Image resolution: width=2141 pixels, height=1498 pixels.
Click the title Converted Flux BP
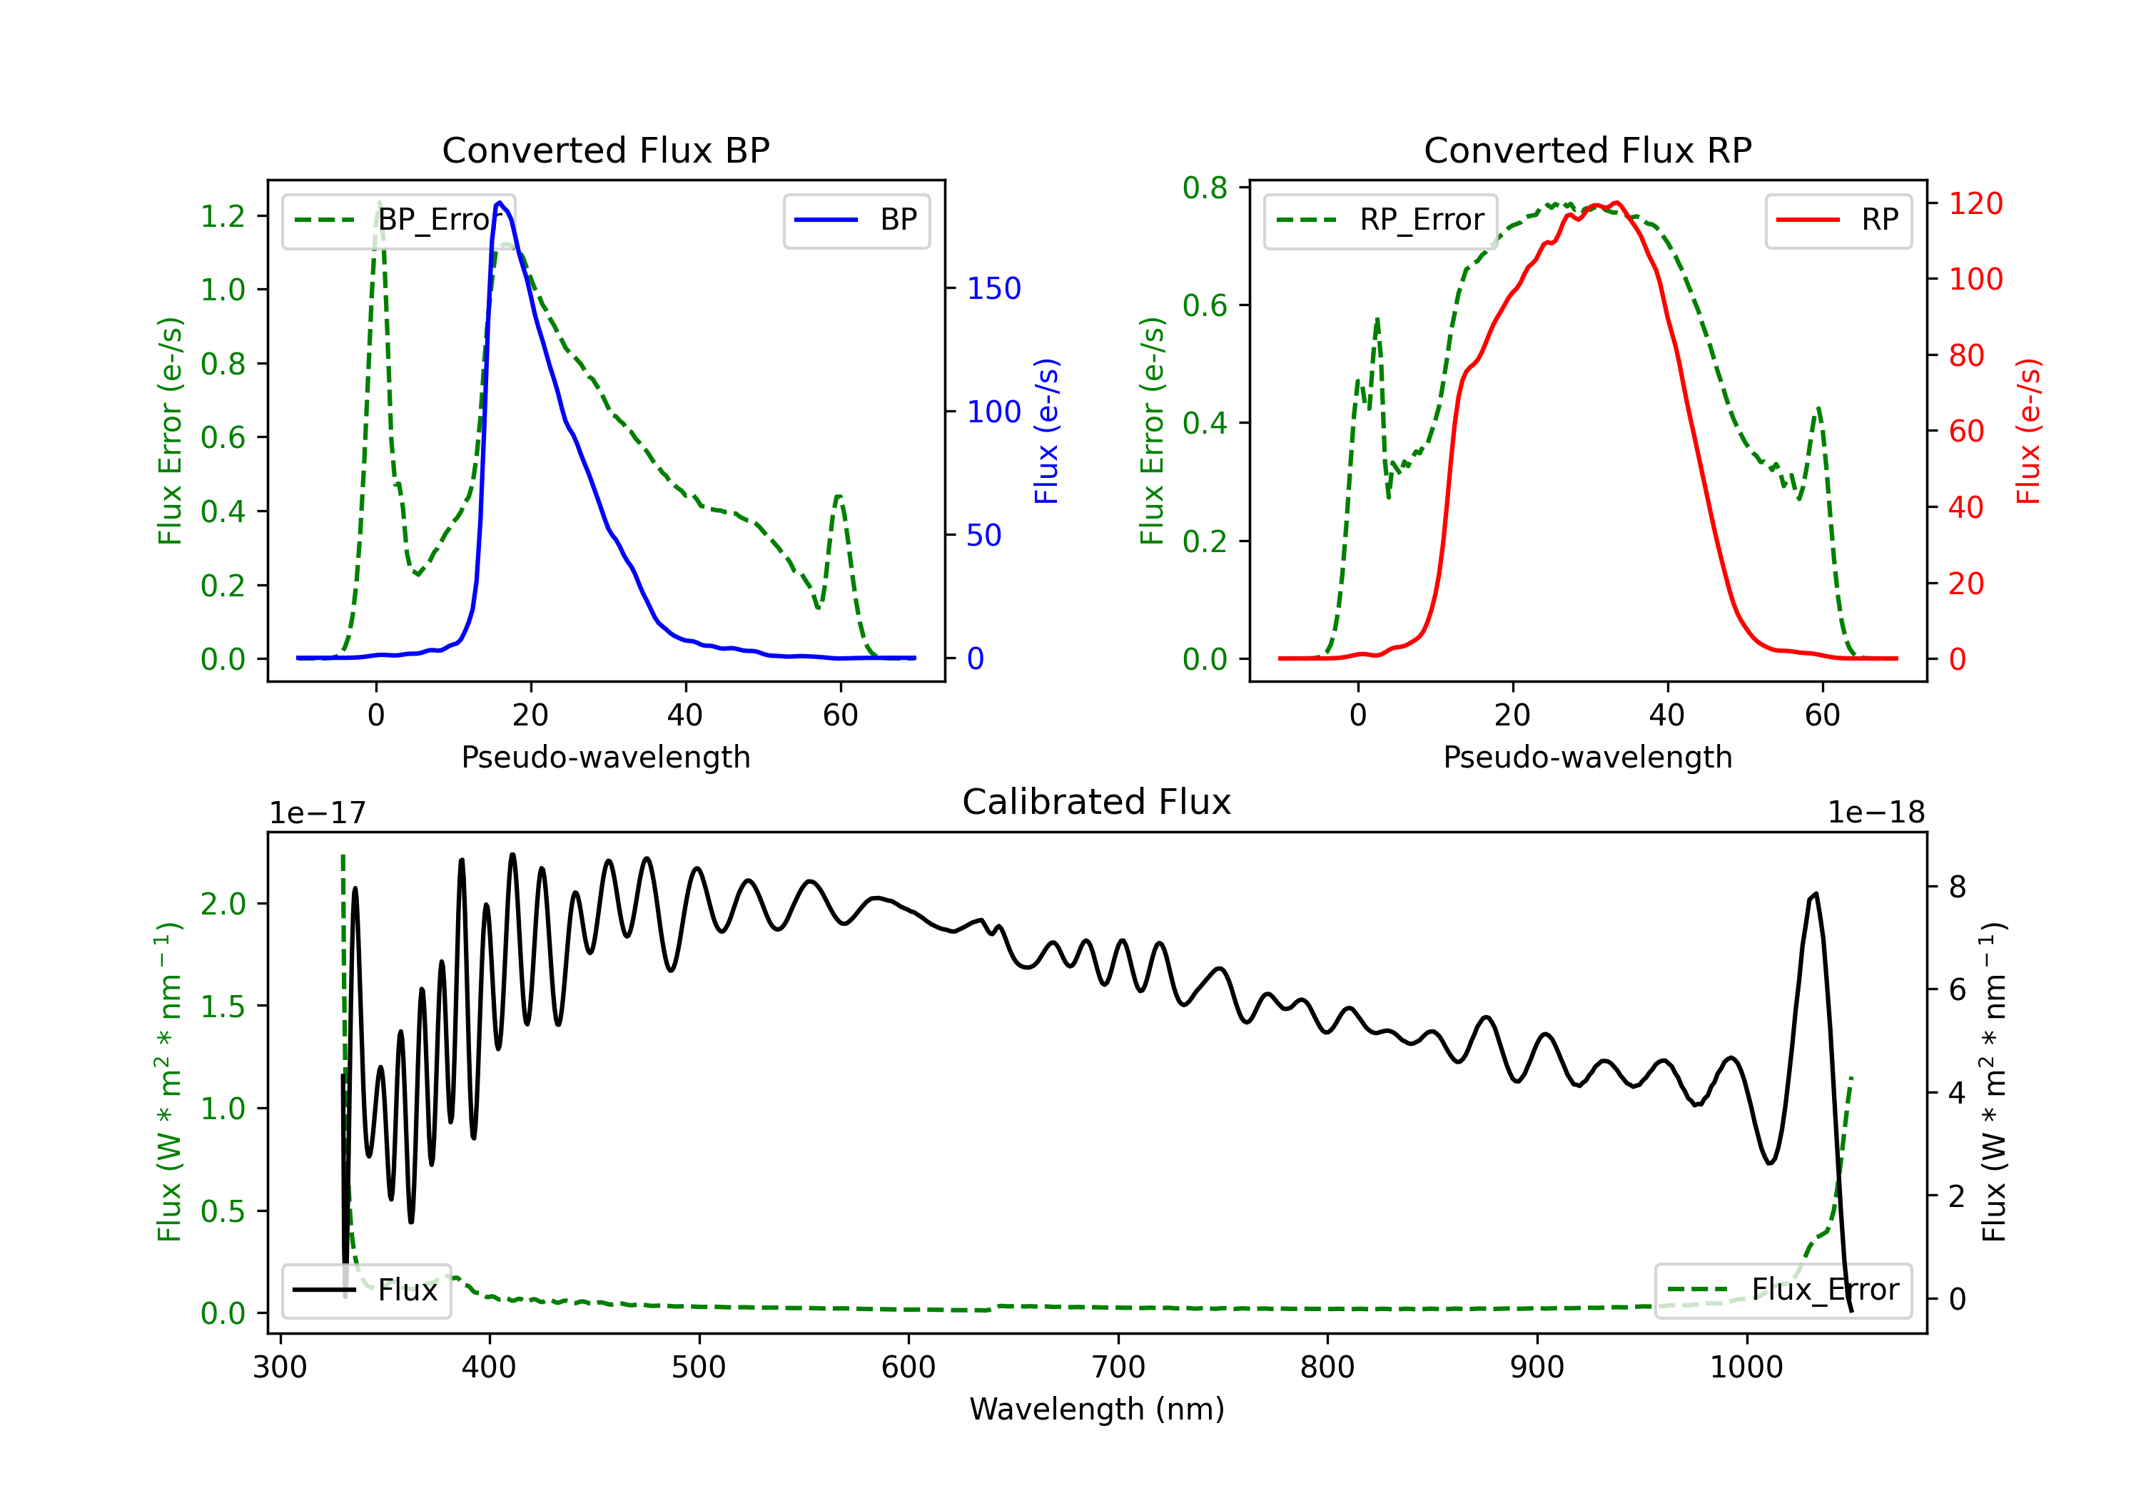(x=605, y=150)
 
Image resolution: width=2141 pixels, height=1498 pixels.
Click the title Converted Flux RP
(x=1587, y=150)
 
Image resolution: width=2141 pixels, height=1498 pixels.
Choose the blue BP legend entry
(x=856, y=220)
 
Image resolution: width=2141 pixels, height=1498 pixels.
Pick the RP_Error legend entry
(x=1380, y=220)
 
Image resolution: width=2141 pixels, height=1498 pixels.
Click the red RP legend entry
(x=1838, y=220)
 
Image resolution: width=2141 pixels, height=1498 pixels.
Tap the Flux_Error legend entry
(x=1783, y=1290)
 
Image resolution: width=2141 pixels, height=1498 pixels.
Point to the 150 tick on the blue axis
(x=994, y=288)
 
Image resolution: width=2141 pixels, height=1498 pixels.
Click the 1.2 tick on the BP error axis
(x=223, y=216)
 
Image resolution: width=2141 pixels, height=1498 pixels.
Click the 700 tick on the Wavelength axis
(x=1118, y=1367)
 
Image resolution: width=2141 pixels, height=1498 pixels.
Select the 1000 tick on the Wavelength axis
(x=1746, y=1367)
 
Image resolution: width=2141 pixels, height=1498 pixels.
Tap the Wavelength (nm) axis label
(x=1097, y=1409)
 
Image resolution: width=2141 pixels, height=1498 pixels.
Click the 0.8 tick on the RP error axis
(x=1205, y=188)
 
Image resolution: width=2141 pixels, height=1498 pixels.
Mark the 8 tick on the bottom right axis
(x=1958, y=887)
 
